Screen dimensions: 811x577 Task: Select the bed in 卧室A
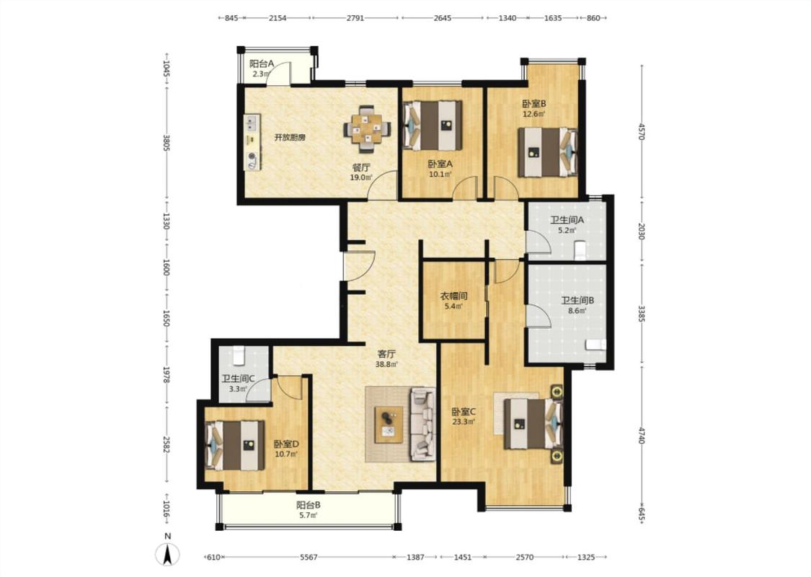pos(433,125)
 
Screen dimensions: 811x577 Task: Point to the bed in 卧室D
pos(235,446)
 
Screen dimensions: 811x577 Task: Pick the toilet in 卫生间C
pos(238,355)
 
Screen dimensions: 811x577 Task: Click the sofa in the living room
pos(423,424)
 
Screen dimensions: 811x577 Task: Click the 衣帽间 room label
pos(453,296)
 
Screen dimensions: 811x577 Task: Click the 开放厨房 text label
pos(290,138)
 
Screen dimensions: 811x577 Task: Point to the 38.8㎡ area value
pos(386,364)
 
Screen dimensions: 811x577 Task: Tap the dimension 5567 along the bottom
pos(309,558)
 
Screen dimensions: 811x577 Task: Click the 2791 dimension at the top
pos(355,17)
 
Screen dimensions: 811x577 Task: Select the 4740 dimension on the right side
pos(642,435)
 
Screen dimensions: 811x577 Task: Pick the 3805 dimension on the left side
pos(167,143)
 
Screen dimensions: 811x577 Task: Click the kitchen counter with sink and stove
pos(253,142)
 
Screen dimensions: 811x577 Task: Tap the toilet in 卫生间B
pos(595,345)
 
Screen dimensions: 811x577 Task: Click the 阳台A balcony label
pos(262,64)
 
